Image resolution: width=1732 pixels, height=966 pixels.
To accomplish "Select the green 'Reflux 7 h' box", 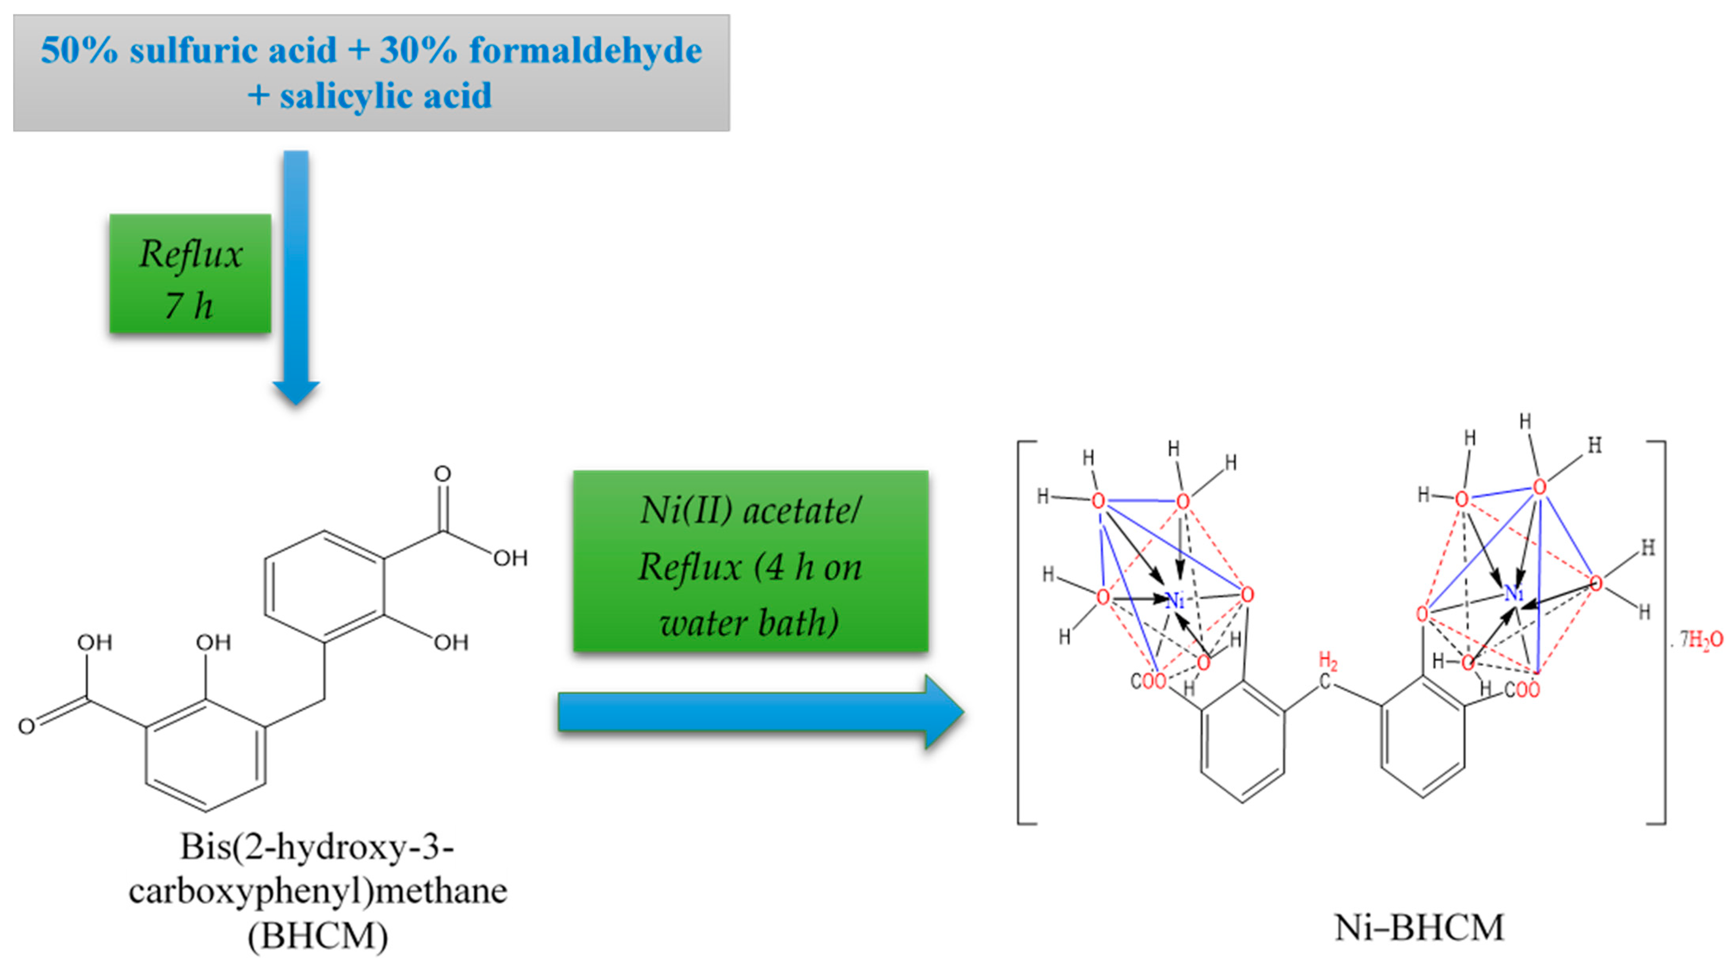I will point(190,274).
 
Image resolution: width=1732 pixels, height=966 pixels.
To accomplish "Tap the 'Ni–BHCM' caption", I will point(1419,928).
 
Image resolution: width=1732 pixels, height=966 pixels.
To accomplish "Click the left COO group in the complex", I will point(1148,681).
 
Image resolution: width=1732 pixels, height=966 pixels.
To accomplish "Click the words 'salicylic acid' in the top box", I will point(385,95).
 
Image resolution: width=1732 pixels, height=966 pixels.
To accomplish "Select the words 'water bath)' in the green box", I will point(749,622).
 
